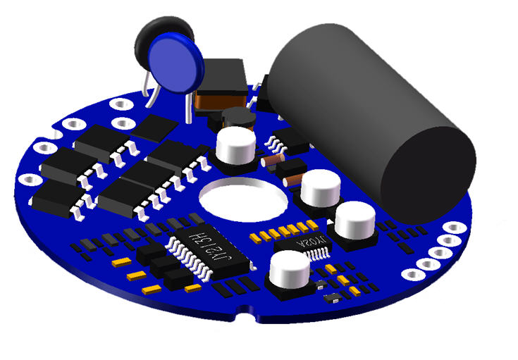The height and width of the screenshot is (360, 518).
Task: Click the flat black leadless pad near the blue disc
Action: click(x=155, y=128)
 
